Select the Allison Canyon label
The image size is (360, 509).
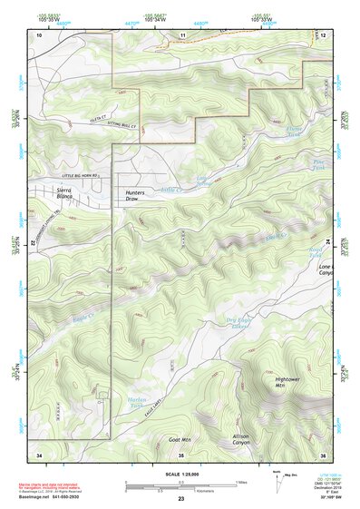point(240,440)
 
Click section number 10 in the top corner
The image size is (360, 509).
point(39,34)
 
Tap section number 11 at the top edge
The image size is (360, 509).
point(181,34)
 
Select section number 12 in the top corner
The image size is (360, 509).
point(323,34)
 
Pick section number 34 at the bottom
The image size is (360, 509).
point(39,454)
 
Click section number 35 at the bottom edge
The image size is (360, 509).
point(180,454)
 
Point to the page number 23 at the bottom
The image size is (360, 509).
point(180,498)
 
